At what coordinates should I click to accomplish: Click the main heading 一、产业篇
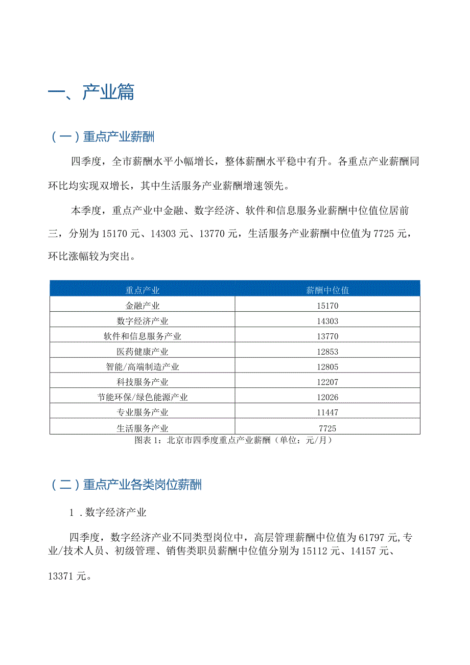tap(91, 92)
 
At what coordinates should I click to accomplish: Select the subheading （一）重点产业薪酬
tap(102, 137)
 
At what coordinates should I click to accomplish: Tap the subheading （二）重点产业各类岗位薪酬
tap(126, 485)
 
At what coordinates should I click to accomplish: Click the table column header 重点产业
tap(143, 290)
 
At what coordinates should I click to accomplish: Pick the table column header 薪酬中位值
tap(327, 290)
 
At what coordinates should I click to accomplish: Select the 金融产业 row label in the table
tap(143, 306)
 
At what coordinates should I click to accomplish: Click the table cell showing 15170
tap(327, 306)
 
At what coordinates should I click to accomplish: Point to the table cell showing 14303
tap(327, 322)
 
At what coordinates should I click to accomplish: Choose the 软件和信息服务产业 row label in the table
tap(143, 336)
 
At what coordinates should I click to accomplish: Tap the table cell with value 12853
tap(327, 352)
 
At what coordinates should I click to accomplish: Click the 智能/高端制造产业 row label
tap(143, 367)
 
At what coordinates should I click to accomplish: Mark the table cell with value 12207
tap(327, 382)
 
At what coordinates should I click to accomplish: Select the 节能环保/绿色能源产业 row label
tap(143, 397)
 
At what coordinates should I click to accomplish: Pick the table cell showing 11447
tap(327, 412)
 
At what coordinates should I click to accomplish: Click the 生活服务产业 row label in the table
tap(143, 428)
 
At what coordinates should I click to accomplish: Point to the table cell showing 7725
tap(327, 428)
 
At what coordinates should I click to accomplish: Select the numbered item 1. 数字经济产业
tap(108, 512)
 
